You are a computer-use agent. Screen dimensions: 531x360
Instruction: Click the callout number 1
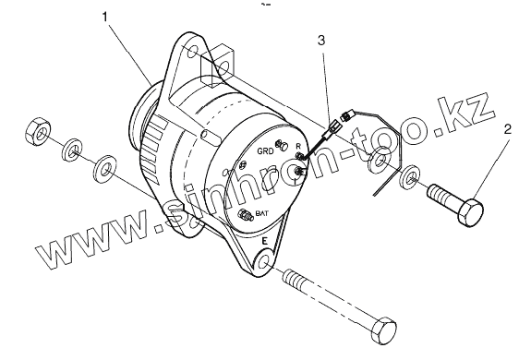click(x=106, y=17)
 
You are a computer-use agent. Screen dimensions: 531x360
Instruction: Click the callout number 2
click(x=507, y=129)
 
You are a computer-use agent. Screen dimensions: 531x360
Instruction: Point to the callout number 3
click(x=321, y=41)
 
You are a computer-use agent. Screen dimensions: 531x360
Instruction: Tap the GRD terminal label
click(x=265, y=151)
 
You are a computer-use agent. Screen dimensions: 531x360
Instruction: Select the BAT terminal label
click(x=261, y=214)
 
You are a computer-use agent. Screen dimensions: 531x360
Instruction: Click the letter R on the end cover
click(x=298, y=146)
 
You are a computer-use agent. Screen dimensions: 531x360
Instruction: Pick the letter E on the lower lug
click(x=265, y=241)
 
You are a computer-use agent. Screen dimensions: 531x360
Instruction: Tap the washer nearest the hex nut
click(x=73, y=150)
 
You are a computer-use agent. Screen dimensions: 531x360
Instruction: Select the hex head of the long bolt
click(x=383, y=330)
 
